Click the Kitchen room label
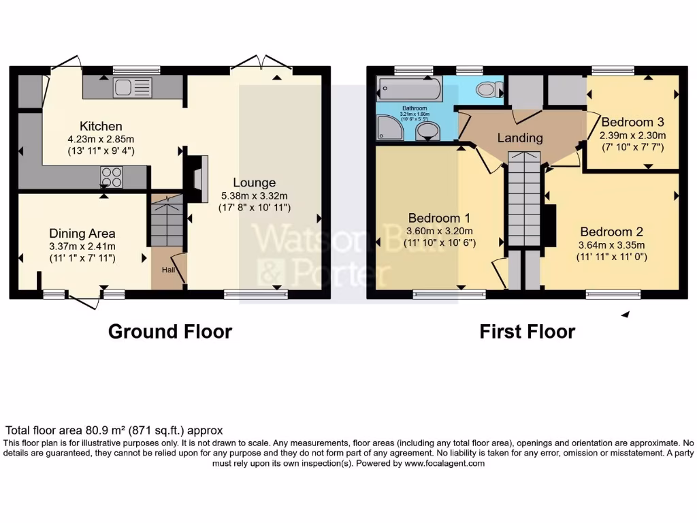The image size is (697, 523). pyautogui.click(x=101, y=126)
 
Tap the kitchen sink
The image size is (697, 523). pyautogui.click(x=133, y=87)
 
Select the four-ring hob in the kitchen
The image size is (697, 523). pyautogui.click(x=112, y=177)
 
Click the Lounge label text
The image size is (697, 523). pyautogui.click(x=254, y=183)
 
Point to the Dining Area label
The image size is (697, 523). pyautogui.click(x=82, y=233)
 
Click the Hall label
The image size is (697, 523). pyautogui.click(x=167, y=270)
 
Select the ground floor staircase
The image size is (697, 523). pyautogui.click(x=167, y=221)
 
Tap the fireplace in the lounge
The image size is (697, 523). pyautogui.click(x=197, y=178)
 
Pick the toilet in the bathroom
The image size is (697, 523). pyautogui.click(x=487, y=89)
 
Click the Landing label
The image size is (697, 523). pyautogui.click(x=520, y=138)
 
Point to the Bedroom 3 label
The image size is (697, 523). pyautogui.click(x=632, y=123)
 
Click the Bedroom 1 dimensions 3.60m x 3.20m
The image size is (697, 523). pyautogui.click(x=439, y=231)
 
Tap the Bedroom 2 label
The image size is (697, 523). pyautogui.click(x=611, y=232)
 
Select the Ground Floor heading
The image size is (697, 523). pyautogui.click(x=170, y=332)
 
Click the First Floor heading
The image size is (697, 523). pyautogui.click(x=527, y=332)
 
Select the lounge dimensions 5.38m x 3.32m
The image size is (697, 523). pyautogui.click(x=254, y=195)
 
